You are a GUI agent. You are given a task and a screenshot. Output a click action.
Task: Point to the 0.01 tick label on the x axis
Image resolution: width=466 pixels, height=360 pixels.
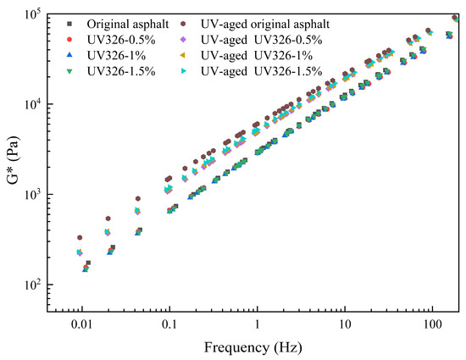(x=81, y=325)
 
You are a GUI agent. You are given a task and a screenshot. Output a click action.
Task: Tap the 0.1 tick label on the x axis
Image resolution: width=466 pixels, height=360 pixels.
(x=169, y=325)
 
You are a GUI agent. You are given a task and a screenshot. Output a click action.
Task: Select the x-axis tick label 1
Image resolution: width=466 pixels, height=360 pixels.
(x=257, y=325)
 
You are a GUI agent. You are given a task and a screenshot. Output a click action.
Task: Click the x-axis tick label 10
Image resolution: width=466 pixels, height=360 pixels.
(x=344, y=325)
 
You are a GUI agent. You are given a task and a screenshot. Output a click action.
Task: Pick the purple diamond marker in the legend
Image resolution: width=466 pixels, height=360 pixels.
(x=182, y=39)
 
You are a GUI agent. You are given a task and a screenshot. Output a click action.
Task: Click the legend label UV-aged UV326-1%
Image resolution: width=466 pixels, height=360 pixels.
(x=262, y=55)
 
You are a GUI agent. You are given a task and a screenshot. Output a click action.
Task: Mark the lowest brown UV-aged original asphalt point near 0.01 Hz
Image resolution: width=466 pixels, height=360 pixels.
(x=80, y=237)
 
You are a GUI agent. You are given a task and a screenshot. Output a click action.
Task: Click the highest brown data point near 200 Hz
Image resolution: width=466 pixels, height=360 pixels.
(x=456, y=17)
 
